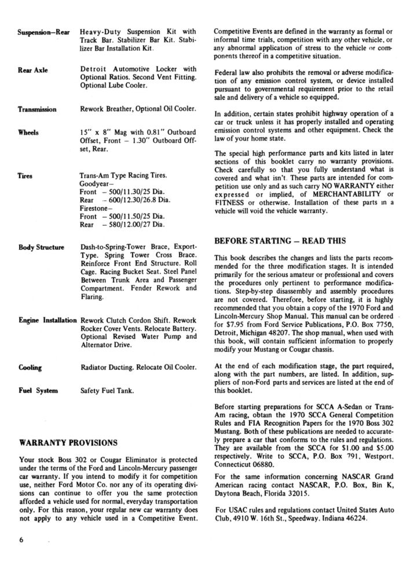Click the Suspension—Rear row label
[x=45, y=31]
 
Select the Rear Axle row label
[x=33, y=70]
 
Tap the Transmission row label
[x=37, y=109]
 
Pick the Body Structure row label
[x=41, y=248]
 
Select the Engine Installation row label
[x=47, y=319]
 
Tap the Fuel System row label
[x=38, y=391]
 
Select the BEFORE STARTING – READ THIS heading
[x=280, y=241]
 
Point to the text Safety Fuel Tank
[x=108, y=391]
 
